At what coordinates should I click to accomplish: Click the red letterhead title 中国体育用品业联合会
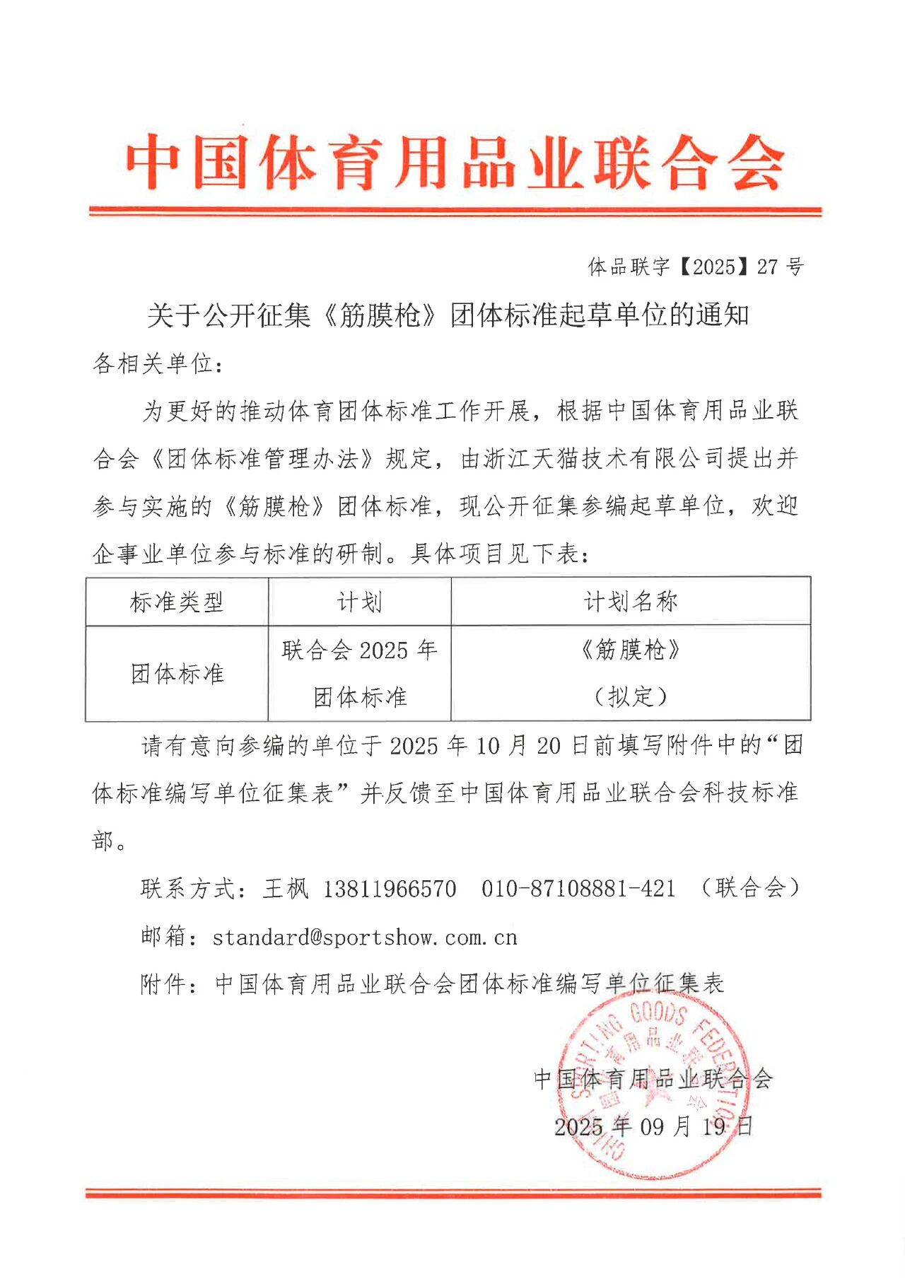click(x=455, y=163)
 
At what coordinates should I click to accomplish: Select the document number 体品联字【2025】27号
click(x=696, y=267)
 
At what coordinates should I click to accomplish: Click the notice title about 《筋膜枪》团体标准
click(x=448, y=315)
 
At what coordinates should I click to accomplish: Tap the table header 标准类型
click(x=177, y=602)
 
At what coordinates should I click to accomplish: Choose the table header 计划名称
click(x=631, y=602)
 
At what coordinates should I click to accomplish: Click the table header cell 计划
click(x=359, y=602)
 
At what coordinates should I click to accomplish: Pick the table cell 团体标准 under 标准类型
click(x=177, y=674)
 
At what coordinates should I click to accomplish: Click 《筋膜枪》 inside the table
click(x=631, y=650)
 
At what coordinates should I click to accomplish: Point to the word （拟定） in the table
click(x=631, y=697)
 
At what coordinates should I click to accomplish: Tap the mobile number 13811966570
click(x=390, y=889)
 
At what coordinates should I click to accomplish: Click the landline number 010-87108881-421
click(x=578, y=889)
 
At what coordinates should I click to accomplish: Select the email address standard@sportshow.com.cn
click(x=365, y=938)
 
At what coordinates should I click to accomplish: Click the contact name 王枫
click(x=286, y=889)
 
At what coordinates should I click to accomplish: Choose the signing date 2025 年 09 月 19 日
click(x=653, y=1126)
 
